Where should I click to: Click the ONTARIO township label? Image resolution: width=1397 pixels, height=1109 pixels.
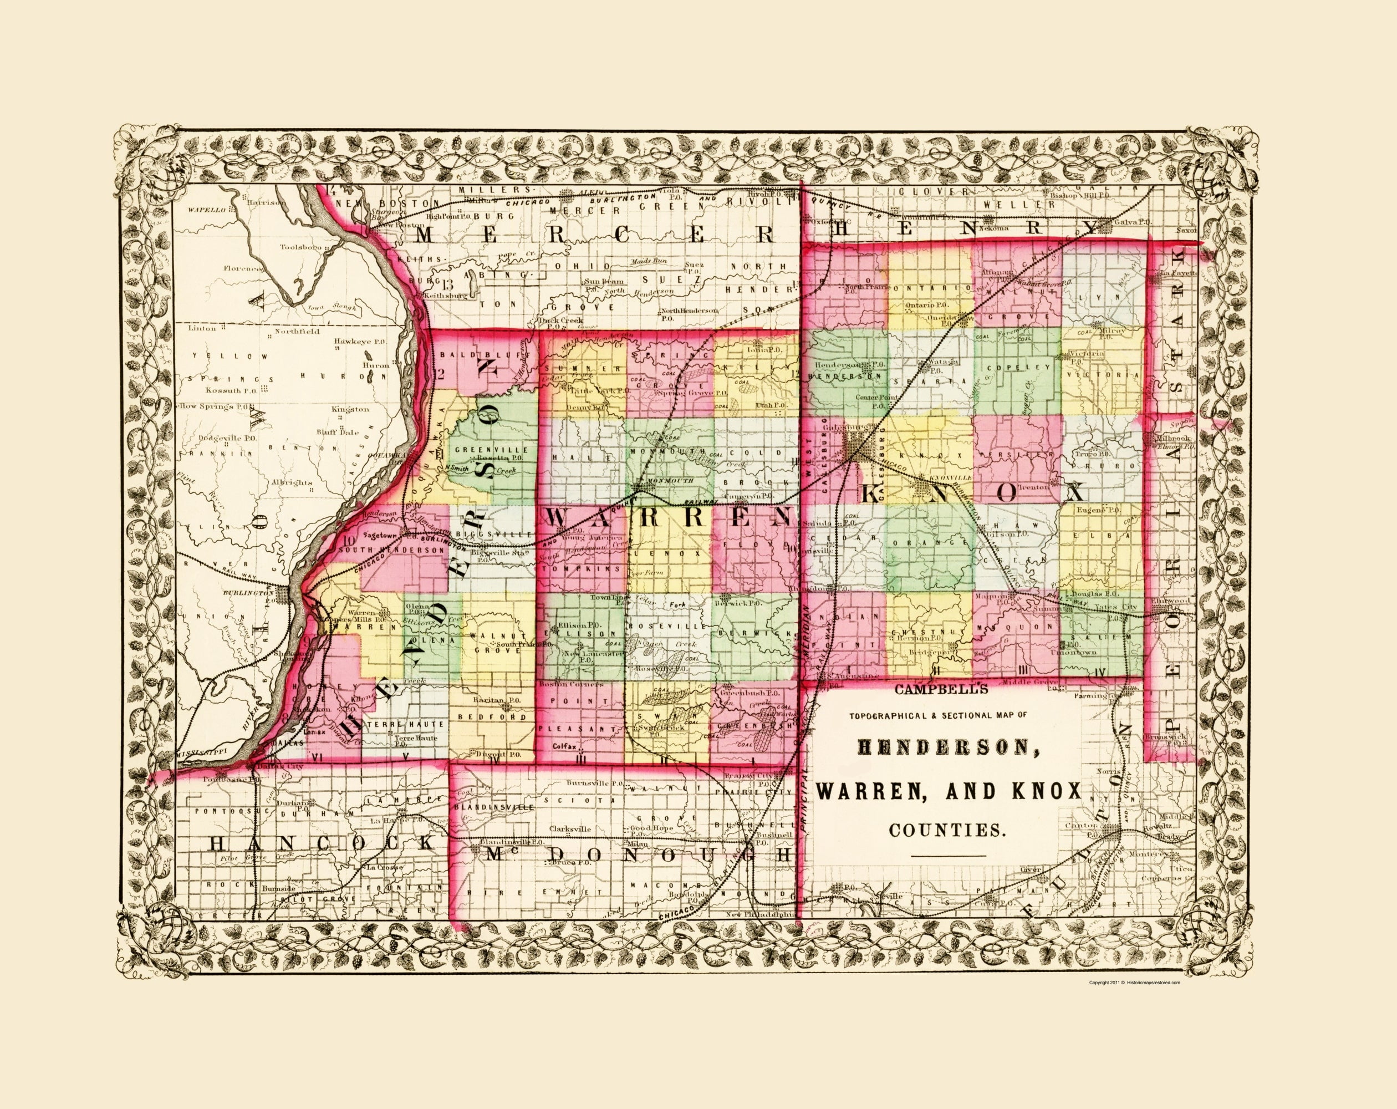(929, 287)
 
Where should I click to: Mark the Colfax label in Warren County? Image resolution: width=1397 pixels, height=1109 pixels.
(565, 746)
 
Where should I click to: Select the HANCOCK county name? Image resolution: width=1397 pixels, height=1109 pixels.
(319, 843)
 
